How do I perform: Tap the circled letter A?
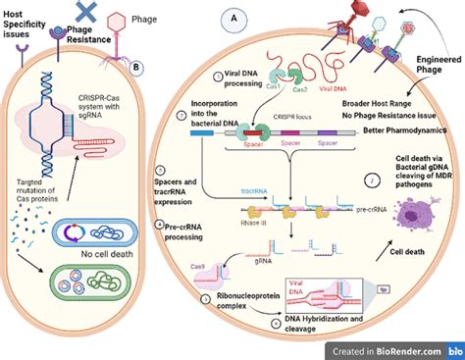coord(232,19)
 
